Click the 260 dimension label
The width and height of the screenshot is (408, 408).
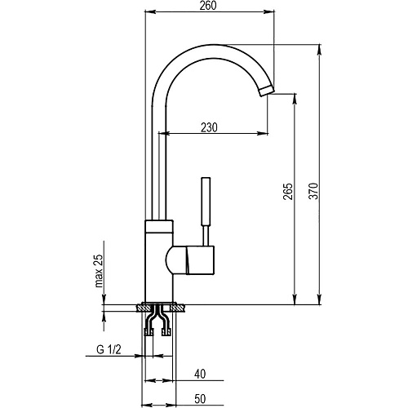(x=208, y=6)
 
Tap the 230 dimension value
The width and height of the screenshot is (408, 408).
(x=209, y=127)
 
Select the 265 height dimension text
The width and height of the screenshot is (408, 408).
(x=288, y=192)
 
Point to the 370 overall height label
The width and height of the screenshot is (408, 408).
(x=313, y=191)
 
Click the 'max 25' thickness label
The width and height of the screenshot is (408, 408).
(x=99, y=271)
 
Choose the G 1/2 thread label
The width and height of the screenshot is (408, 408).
(x=109, y=349)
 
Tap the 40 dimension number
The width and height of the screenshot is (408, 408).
(x=200, y=374)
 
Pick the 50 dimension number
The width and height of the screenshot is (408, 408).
(x=200, y=399)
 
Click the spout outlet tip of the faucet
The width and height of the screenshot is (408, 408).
(x=266, y=91)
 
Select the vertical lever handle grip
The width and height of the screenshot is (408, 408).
(x=206, y=202)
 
